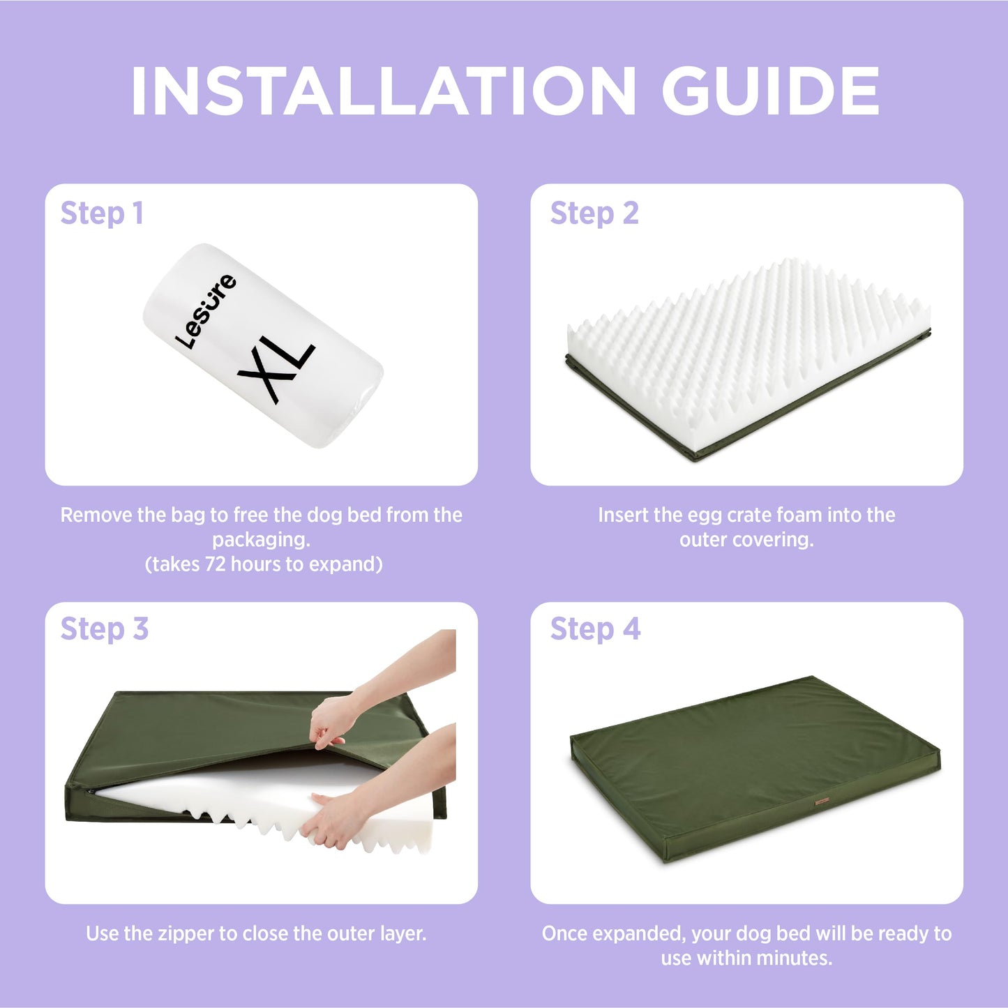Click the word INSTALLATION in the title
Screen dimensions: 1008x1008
(384, 91)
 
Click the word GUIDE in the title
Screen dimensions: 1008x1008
(771, 91)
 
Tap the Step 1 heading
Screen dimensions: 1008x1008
(102, 214)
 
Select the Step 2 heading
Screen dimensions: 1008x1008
(594, 214)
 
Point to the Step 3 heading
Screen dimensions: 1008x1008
(105, 629)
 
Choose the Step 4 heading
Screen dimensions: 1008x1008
(595, 629)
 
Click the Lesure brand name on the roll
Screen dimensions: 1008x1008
(206, 311)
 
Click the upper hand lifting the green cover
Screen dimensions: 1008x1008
(328, 721)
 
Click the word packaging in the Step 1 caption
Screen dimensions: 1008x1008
(261, 541)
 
